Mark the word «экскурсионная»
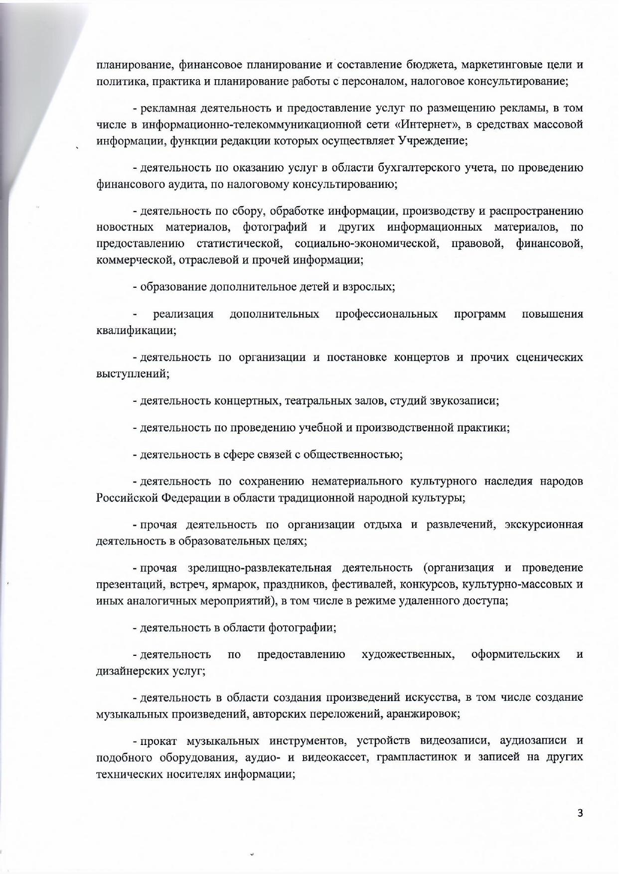544,525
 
